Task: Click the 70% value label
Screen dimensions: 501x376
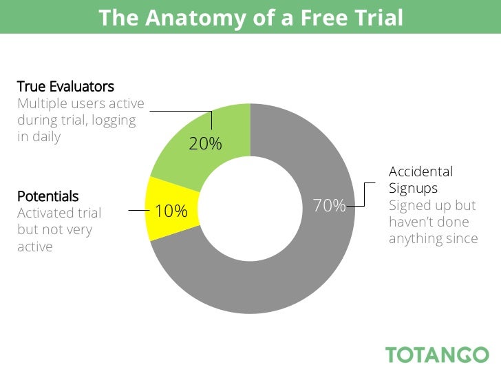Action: click(329, 205)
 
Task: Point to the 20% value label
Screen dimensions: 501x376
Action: click(205, 144)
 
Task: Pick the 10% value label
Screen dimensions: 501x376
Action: click(171, 211)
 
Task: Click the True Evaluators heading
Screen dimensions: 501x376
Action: click(65, 87)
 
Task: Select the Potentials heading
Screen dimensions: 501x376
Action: click(47, 196)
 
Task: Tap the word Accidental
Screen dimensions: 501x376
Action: click(420, 171)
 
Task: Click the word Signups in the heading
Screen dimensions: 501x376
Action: click(413, 188)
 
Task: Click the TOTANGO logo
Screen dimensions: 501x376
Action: click(437, 355)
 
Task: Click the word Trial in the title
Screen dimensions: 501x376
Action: click(378, 17)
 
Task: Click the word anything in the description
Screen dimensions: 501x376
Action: click(415, 238)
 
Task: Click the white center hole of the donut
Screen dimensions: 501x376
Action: click(250, 207)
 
